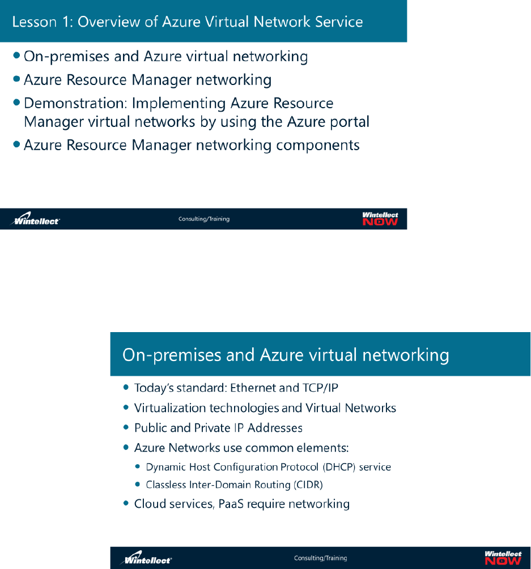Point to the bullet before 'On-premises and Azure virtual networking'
click(x=17, y=56)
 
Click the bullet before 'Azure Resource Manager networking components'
click(x=17, y=145)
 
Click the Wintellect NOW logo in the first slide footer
click(x=380, y=219)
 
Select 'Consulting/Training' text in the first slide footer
click(x=204, y=219)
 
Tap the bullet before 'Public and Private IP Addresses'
click(x=126, y=428)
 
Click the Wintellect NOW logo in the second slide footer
click(x=503, y=558)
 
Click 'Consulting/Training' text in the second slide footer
click(x=320, y=558)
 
